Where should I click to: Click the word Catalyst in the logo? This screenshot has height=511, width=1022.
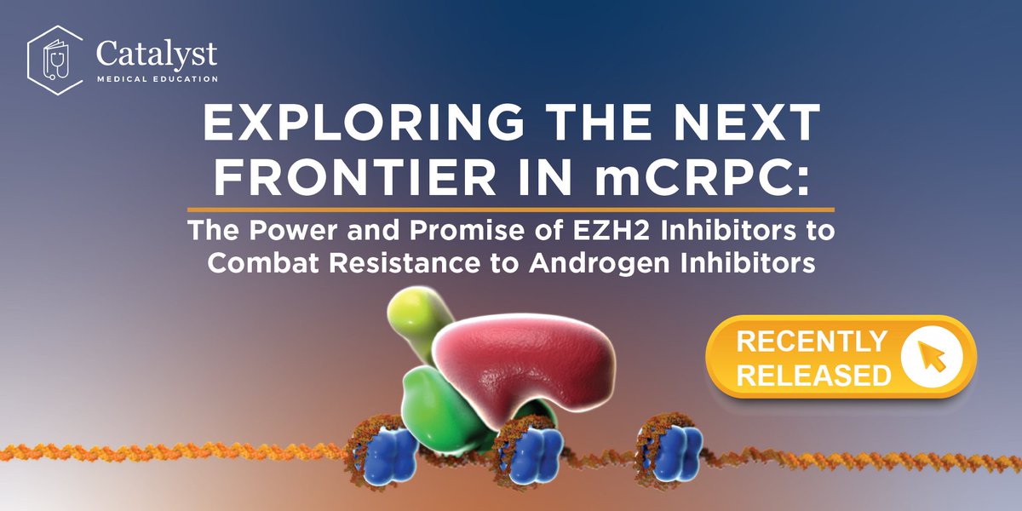coord(157,53)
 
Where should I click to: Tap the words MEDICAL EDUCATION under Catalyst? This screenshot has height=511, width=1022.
coord(157,79)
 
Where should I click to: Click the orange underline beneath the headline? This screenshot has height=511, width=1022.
coord(510,209)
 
